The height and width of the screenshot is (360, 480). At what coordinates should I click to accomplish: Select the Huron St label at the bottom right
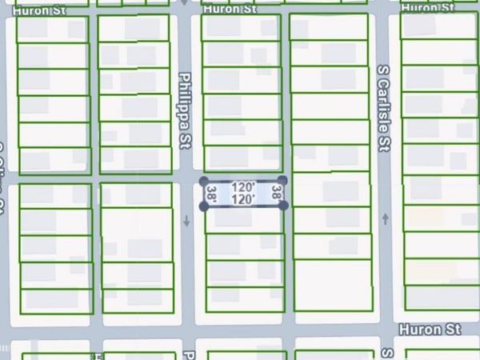pos(430,329)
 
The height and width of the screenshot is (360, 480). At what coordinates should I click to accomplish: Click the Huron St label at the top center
pos(229,10)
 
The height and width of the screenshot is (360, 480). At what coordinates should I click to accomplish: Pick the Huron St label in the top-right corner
pos(430,7)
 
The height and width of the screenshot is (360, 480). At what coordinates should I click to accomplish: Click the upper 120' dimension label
pos(243,187)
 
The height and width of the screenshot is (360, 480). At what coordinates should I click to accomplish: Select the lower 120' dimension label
pos(243,198)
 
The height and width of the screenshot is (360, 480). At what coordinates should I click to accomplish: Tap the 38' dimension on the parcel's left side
pos(212,194)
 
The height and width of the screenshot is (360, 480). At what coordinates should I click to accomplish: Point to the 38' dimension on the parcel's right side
pos(276,193)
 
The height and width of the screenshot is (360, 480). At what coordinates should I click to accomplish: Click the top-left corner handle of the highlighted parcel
pos(203,181)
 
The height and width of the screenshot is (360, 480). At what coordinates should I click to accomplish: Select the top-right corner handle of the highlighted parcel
pos(282,180)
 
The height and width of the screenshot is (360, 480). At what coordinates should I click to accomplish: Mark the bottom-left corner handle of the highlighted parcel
pos(203,206)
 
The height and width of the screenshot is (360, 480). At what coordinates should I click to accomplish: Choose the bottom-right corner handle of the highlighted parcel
pos(283,206)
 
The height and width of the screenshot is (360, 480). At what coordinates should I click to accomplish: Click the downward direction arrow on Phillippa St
pos(186,221)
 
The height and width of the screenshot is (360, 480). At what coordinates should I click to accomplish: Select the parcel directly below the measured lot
pos(244,221)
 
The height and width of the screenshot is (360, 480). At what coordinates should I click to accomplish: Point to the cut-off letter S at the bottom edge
pos(386,352)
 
